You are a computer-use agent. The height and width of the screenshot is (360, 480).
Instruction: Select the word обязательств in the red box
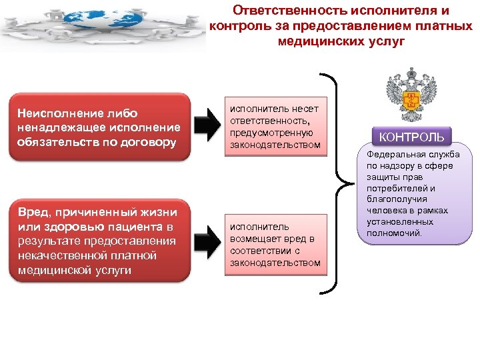54,141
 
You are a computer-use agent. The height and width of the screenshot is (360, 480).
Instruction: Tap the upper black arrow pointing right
208,125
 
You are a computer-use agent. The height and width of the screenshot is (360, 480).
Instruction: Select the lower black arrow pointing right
208,241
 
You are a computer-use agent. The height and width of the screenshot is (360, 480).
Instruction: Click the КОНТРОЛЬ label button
411,137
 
